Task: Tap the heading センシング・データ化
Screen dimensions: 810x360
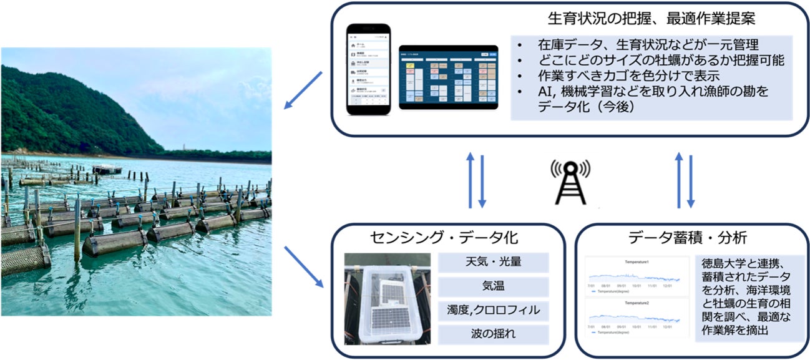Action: tap(443, 237)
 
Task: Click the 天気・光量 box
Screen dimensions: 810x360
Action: tap(493, 261)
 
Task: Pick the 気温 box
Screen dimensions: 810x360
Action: tap(493, 286)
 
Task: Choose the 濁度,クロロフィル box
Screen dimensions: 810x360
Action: tap(493, 309)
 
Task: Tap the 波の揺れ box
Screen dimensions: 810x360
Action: tap(493, 334)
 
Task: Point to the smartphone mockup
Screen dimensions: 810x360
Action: tap(368, 69)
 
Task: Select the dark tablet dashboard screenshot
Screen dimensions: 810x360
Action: tap(448, 77)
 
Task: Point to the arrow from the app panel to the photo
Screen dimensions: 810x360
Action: tap(303, 90)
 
